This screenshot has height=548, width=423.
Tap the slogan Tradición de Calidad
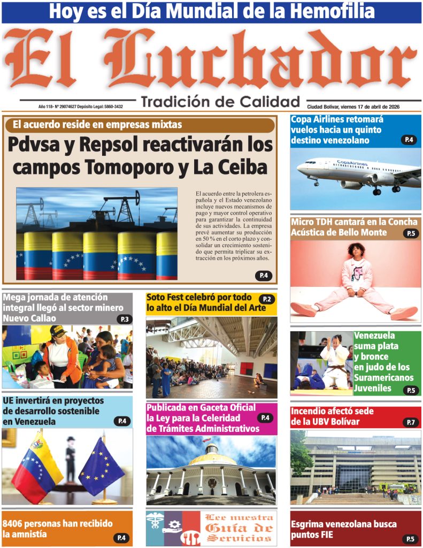point(220,101)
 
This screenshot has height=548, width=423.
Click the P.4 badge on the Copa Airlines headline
point(409,140)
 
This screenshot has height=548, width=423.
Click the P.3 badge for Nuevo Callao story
point(125,319)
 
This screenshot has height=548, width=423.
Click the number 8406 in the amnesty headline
point(16,524)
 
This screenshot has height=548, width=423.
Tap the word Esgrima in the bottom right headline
point(309,524)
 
